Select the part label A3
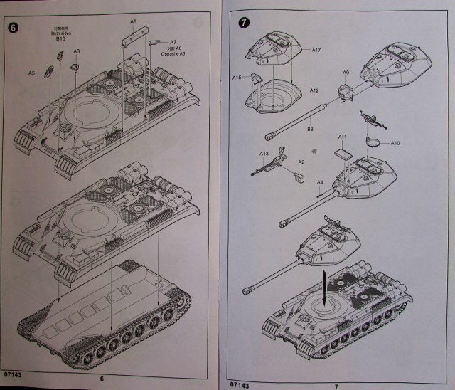click(77, 51)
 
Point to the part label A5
click(31, 73)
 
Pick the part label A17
click(317, 49)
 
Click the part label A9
click(347, 73)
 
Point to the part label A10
click(395, 143)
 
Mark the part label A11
click(342, 137)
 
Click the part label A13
click(264, 153)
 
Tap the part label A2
click(301, 162)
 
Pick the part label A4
click(320, 182)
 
